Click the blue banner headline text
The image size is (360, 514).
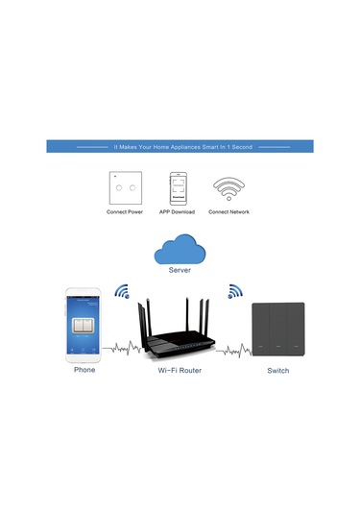[180, 147]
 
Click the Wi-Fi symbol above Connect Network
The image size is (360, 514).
[228, 186]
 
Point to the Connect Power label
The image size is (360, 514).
[125, 212]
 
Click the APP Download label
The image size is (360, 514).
[178, 212]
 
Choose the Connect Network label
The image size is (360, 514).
[229, 212]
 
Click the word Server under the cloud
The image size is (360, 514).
[180, 272]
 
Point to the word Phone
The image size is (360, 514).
[84, 369]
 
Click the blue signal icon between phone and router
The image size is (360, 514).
[122, 292]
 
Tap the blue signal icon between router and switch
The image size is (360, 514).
[233, 292]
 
